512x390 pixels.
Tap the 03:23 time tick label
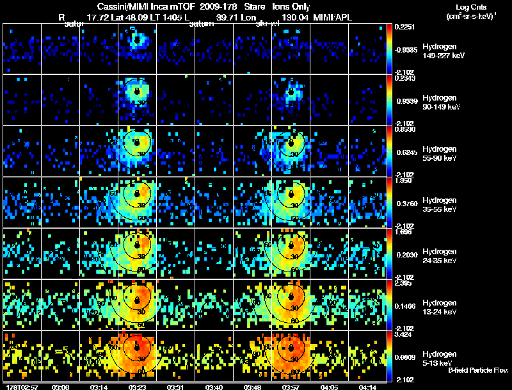(x=138, y=387)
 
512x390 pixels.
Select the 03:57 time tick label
(x=291, y=387)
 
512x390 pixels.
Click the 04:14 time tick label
(x=368, y=387)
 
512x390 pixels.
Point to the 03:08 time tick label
(x=61, y=387)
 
